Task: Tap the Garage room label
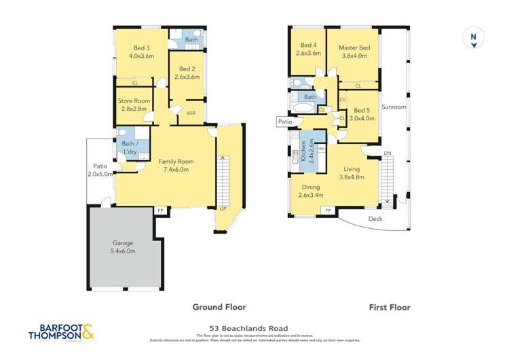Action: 124,247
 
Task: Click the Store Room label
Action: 134,105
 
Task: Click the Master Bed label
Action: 354,52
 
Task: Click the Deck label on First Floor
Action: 375,219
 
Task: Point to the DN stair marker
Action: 388,154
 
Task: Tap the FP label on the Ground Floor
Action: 160,211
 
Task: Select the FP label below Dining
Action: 328,211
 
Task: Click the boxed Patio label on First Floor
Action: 284,122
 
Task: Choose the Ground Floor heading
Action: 219,306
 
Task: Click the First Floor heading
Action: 389,307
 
